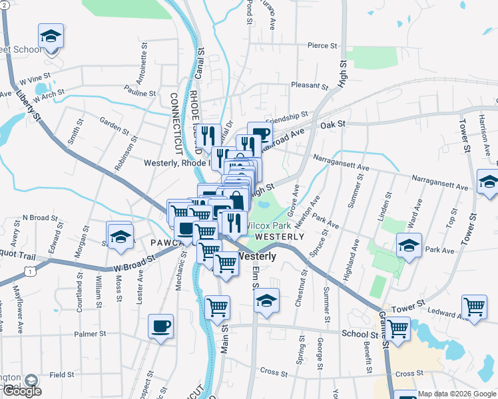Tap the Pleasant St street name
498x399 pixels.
310,86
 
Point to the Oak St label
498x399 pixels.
332,124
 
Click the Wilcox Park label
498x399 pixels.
266,225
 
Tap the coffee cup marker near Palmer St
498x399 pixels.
160,327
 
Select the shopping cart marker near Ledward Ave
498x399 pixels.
474,307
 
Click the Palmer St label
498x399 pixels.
91,334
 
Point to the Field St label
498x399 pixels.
61,375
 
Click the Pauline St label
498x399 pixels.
139,94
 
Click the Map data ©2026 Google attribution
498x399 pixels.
457,394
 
